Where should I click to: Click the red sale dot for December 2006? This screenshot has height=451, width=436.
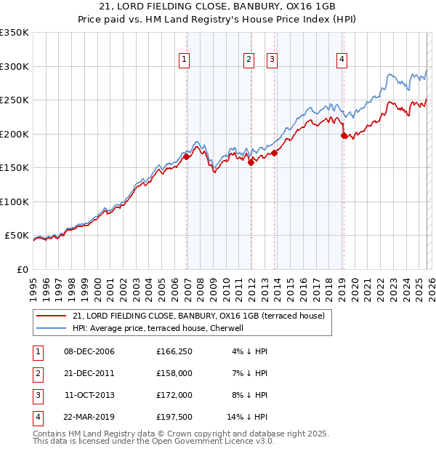click(187, 156)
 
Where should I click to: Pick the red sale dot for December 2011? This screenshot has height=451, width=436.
click(251, 162)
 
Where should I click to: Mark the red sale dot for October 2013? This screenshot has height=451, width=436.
click(275, 153)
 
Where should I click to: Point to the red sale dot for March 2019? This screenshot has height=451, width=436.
click(344, 135)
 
